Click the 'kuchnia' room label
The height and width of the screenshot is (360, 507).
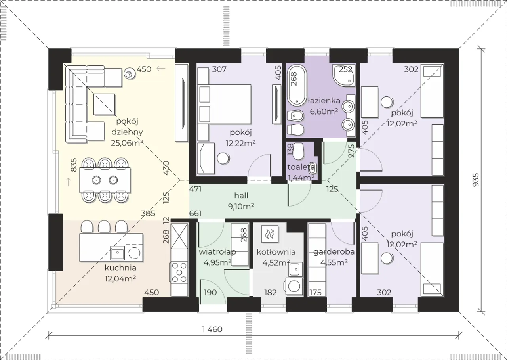[120, 268]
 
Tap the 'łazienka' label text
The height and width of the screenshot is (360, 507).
[324, 101]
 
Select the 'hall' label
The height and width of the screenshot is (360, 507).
[241, 195]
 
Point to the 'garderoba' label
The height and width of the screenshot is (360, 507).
[334, 252]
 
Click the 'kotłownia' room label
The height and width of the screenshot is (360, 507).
[276, 252]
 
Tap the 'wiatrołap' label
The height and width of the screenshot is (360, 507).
[217, 252]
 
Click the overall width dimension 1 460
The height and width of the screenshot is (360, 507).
[212, 329]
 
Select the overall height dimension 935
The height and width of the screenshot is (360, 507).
[476, 180]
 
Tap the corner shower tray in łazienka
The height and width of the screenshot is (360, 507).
[343, 75]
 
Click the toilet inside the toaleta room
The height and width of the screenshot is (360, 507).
[298, 151]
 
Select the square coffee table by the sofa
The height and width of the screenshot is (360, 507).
[104, 104]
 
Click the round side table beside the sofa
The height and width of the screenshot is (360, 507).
[130, 73]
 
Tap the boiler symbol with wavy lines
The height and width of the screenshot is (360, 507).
[270, 234]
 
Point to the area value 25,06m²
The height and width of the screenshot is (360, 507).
[127, 143]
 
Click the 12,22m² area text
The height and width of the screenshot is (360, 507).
[240, 143]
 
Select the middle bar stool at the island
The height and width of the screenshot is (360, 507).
[104, 226]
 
